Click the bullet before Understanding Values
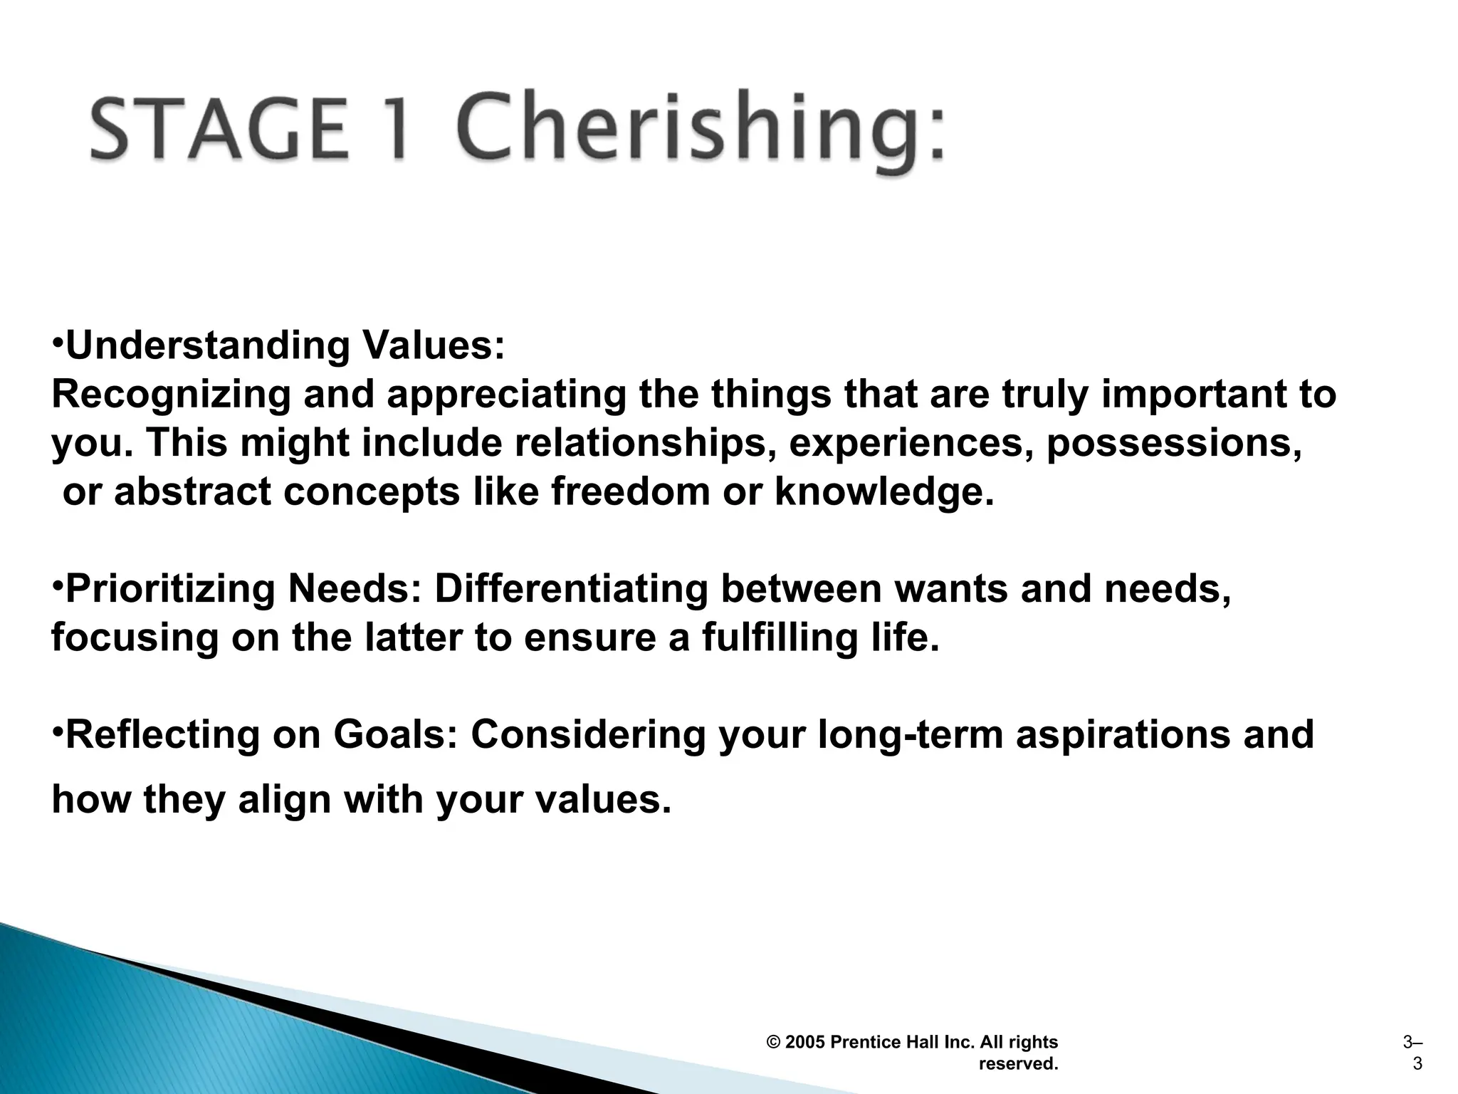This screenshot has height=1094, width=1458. (x=58, y=340)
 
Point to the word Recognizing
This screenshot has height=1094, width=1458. (x=172, y=395)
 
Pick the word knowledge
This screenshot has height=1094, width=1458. (x=883, y=491)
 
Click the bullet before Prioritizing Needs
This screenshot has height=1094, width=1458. (x=58, y=583)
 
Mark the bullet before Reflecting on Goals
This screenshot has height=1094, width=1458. (x=58, y=729)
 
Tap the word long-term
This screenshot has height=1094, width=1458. (x=911, y=735)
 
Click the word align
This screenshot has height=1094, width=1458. (x=285, y=800)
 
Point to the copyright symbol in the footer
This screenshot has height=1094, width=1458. (x=774, y=1043)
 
